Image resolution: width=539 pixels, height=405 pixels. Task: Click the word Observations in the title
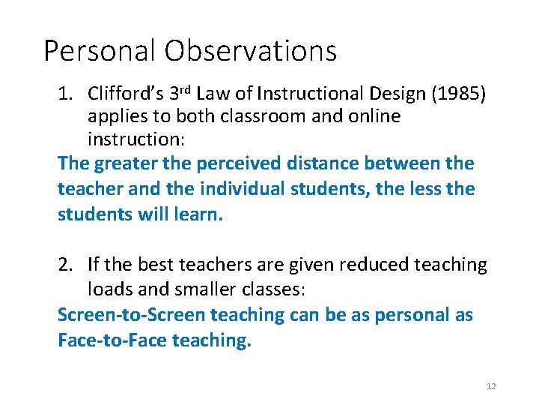click(x=251, y=51)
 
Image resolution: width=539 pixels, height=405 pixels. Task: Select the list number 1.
click(x=65, y=94)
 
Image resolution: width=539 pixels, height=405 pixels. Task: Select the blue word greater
click(x=129, y=163)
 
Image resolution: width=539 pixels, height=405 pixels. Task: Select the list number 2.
click(x=65, y=265)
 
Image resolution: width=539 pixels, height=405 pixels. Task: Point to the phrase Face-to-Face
click(x=112, y=340)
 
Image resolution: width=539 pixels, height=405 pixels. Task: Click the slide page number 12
click(x=491, y=386)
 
